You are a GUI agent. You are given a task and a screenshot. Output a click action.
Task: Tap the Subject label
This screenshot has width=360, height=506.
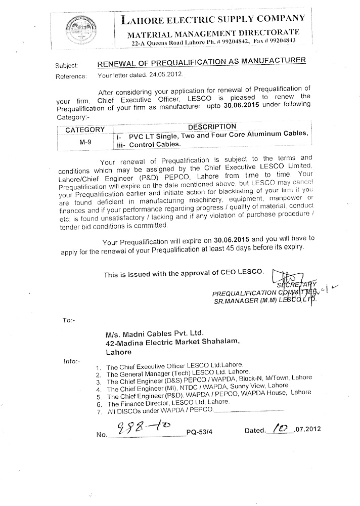click(x=64, y=65)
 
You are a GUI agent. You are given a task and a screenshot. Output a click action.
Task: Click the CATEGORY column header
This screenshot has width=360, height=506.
click(x=84, y=130)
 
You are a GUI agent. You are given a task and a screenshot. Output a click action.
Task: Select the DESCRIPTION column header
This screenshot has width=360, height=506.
click(x=212, y=126)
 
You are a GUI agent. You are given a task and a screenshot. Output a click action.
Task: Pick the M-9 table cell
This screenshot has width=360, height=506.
click(x=85, y=143)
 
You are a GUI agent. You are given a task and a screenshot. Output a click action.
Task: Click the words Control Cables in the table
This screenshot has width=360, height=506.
click(x=154, y=144)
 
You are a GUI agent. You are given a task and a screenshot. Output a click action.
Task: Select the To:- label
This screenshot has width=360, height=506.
click(x=69, y=320)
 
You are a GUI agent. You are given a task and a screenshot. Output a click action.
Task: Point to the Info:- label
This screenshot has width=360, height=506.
click(x=71, y=361)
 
